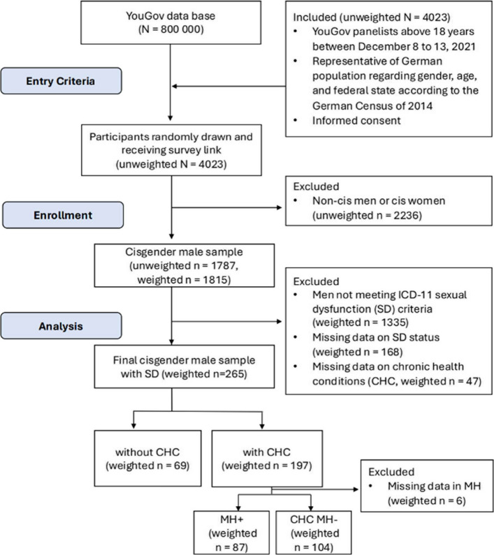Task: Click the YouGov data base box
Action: coord(170,22)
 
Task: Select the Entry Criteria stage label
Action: coord(61,81)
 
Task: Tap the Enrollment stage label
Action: coord(63,215)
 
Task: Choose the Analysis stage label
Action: coord(61,326)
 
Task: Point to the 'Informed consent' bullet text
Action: coord(356,121)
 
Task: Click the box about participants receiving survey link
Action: coord(171,150)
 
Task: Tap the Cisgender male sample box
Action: coord(184,265)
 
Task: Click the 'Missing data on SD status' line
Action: coord(376,337)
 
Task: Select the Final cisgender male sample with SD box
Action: coord(184,367)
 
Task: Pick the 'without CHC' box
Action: coord(147,459)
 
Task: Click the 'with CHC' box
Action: coord(267,459)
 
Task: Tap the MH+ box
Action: coord(231,533)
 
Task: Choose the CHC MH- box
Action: coord(314,533)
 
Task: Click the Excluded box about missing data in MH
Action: coord(427,486)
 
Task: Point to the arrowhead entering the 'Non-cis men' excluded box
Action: coord(279,207)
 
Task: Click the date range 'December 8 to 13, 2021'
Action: coord(416,46)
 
